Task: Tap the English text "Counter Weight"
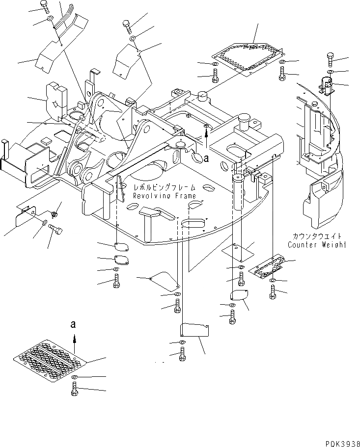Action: pyautogui.click(x=316, y=244)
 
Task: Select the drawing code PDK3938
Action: pyautogui.click(x=339, y=441)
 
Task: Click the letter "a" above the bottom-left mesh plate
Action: pyautogui.click(x=73, y=324)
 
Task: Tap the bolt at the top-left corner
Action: pyautogui.click(x=45, y=6)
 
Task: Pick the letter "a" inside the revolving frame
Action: pyautogui.click(x=206, y=158)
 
